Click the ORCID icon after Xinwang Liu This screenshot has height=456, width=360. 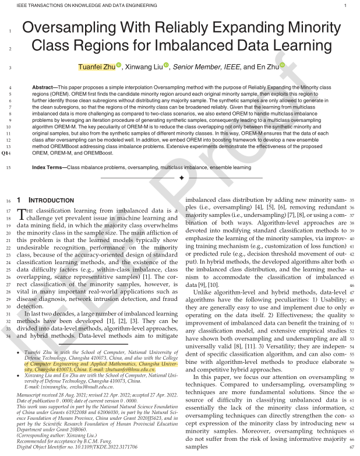166,66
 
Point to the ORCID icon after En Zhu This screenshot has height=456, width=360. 282,66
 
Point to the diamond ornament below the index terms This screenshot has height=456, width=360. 181,177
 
